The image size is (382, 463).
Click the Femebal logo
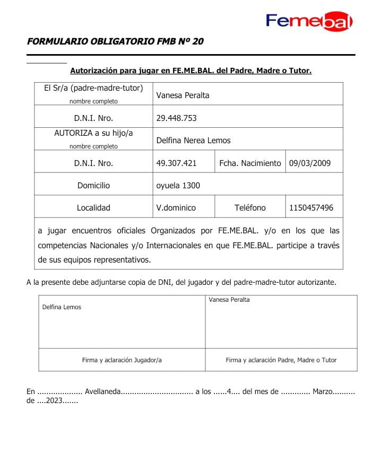pos(309,21)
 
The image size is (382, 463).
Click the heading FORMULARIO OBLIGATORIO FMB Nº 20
pos(115,41)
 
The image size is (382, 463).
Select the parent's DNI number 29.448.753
pos(176,118)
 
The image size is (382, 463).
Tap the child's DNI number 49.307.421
pos(176,163)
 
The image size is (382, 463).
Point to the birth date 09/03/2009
pos(309,163)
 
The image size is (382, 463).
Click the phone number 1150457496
pos(311,208)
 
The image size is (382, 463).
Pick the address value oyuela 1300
pos(178,186)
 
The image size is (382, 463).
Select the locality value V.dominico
pos(176,208)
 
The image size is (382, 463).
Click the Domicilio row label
pos(93,186)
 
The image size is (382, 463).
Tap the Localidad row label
pos(93,208)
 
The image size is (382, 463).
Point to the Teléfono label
pos(250,208)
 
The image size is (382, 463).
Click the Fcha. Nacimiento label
pos(250,163)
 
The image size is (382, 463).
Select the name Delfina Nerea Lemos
pos(193,141)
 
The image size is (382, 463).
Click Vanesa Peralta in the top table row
pos(183,95)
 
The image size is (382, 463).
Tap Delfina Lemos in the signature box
pos(62,307)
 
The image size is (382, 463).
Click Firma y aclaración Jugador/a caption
pos(121,360)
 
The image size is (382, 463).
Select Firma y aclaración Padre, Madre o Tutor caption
pos(281,360)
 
